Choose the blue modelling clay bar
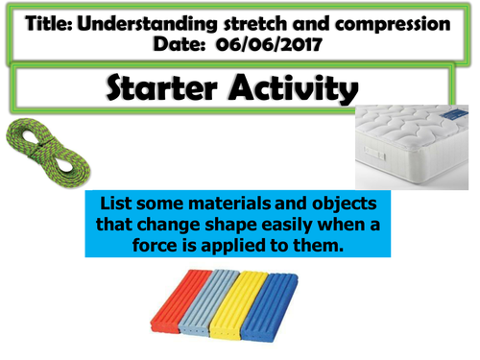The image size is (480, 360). [x=284, y=300]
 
